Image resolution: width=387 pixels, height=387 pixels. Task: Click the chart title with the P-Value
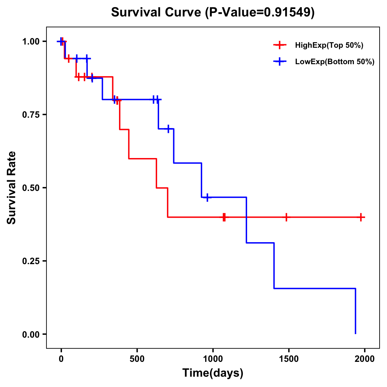pos(213,13)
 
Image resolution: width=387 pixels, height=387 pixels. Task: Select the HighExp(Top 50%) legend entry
pos(329,45)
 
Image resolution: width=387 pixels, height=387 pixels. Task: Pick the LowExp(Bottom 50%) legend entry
pos(334,62)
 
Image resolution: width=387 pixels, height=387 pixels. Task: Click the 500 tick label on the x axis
pos(137,359)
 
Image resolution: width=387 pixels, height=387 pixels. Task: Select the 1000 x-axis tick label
pos(213,359)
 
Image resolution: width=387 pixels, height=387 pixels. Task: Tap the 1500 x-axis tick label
pos(289,359)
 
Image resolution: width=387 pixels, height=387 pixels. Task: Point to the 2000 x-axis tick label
pos(364,359)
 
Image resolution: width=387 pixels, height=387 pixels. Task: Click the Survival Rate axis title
pos(12,188)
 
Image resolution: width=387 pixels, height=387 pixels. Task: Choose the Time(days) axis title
pos(213,373)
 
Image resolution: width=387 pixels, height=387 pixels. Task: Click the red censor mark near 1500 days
pos(286,217)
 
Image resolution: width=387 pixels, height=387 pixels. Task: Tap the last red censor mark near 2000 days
pos(361,217)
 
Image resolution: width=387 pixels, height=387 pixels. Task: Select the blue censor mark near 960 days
pos(207,197)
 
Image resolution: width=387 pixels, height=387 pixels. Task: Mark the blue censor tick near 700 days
pos(168,129)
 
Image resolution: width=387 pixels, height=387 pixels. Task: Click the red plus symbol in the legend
pos(280,45)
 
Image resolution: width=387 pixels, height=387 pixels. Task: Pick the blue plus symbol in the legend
pos(280,62)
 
